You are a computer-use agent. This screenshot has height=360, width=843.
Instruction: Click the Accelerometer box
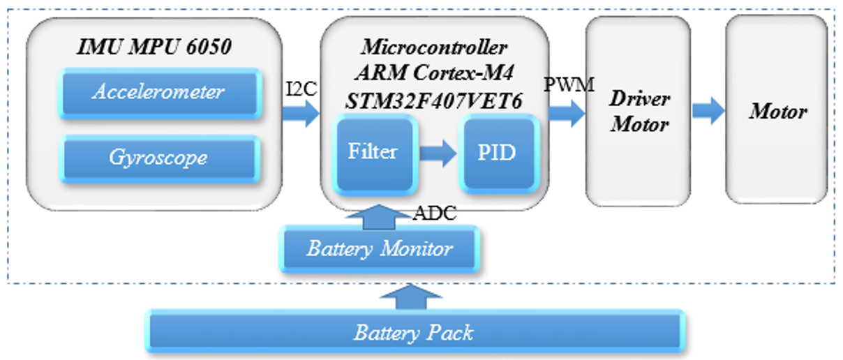click(x=159, y=92)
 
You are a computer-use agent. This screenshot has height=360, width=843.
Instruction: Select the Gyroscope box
click(x=159, y=158)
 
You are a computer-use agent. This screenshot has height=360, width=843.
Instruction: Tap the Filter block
click(x=373, y=153)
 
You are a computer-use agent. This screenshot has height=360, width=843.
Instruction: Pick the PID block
click(x=498, y=153)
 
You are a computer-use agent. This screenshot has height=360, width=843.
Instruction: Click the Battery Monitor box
click(x=380, y=249)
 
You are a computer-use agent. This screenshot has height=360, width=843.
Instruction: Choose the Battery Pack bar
click(x=414, y=333)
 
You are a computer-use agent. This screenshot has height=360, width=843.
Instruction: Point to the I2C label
click(x=301, y=89)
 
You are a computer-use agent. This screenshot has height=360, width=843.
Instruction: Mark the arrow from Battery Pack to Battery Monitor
click(x=415, y=298)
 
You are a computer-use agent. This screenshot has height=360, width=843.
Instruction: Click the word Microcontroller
click(x=434, y=48)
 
